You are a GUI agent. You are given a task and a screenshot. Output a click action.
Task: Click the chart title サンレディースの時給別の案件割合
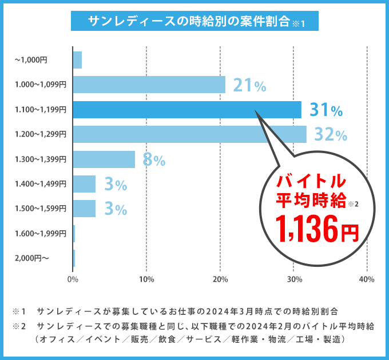[x=188, y=22]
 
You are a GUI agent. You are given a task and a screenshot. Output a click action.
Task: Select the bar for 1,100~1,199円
[x=187, y=109]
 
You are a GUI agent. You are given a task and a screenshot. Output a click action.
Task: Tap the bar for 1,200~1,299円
[x=189, y=134]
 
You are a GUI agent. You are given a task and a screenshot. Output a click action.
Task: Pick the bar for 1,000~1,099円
[x=149, y=85]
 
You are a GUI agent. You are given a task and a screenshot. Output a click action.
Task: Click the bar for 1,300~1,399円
[x=104, y=159]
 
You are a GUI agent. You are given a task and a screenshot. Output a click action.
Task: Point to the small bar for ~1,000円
[x=77, y=59]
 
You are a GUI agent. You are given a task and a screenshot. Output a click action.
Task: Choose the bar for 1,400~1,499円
[x=84, y=184]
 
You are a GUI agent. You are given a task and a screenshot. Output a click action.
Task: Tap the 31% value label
[x=326, y=110]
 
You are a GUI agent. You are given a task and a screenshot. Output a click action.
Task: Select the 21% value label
[x=249, y=85]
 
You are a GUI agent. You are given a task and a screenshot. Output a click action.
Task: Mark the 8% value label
[x=153, y=160]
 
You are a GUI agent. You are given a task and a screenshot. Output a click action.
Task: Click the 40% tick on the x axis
[x=366, y=279]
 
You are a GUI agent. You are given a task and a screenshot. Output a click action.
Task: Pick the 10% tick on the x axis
[x=146, y=279]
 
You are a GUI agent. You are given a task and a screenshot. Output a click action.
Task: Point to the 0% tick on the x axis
[x=73, y=279]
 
